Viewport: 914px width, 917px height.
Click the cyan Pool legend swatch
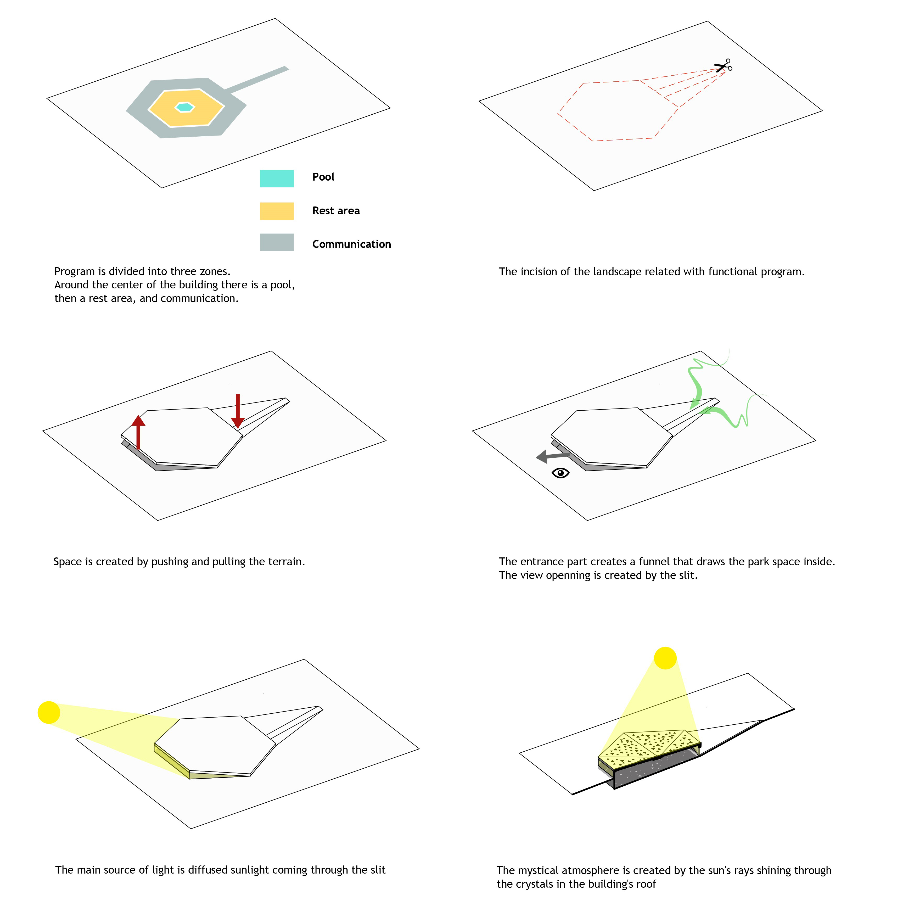tap(277, 178)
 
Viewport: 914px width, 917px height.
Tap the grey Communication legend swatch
tap(277, 242)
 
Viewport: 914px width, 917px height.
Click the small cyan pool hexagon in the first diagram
tap(184, 107)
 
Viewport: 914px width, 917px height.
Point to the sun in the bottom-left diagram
tap(49, 712)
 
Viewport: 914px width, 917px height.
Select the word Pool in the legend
tap(323, 177)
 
